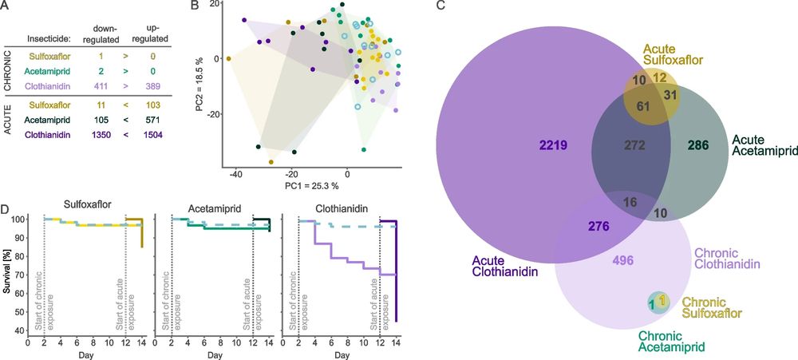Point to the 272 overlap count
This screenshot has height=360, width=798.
[611, 146]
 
